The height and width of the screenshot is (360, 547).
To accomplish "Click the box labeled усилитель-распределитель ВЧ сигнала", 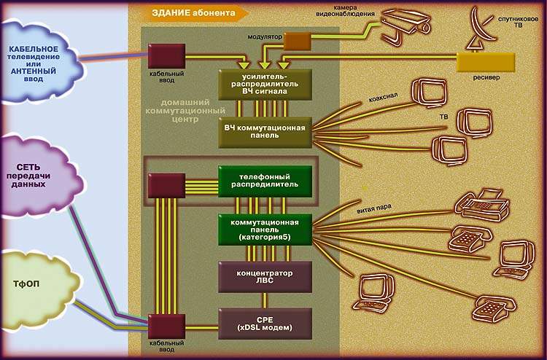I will coord(265,85).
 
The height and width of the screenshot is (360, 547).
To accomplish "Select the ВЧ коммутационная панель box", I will coord(265,133).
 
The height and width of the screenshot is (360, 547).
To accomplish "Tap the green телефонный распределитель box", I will coord(265,181).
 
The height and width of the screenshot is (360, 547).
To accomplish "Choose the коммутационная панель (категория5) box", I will coord(265,229).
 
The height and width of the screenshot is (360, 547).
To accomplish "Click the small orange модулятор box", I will coord(297,42).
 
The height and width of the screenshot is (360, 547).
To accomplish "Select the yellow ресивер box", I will coord(485,62).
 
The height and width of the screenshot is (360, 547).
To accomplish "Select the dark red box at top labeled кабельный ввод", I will coord(166,56).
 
